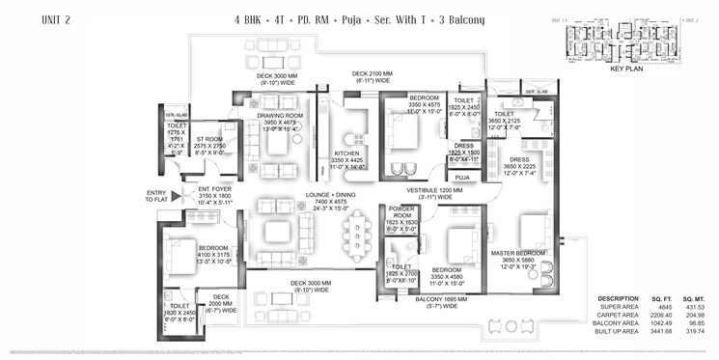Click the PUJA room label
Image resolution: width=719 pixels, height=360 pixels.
tap(462, 178)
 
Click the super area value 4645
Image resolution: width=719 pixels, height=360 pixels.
tap(658, 307)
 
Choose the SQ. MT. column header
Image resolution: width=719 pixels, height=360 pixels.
tap(694, 298)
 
